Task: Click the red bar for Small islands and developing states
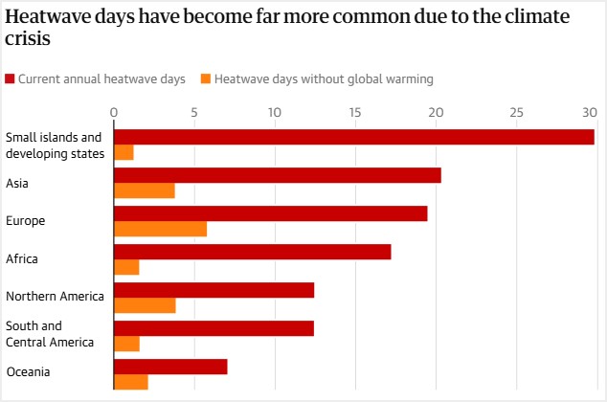pyautogui.click(x=353, y=137)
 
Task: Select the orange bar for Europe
pyautogui.click(x=160, y=229)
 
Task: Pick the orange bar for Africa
pyautogui.click(x=126, y=267)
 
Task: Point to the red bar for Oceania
pyautogui.click(x=170, y=367)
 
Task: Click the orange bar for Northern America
pyautogui.click(x=145, y=305)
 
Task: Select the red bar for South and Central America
pyautogui.click(x=214, y=328)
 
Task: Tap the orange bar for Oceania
pyautogui.click(x=131, y=383)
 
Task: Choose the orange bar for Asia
pyautogui.click(x=144, y=190)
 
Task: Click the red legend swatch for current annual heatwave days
pyautogui.click(x=11, y=78)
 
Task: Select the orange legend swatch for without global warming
pyautogui.click(x=205, y=78)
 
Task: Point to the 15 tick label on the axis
pyautogui.click(x=355, y=112)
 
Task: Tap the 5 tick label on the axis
pyautogui.click(x=194, y=112)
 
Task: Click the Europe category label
pyautogui.click(x=26, y=221)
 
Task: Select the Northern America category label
pyautogui.click(x=55, y=296)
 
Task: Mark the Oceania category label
pyautogui.click(x=28, y=372)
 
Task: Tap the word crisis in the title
pyautogui.click(x=28, y=41)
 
